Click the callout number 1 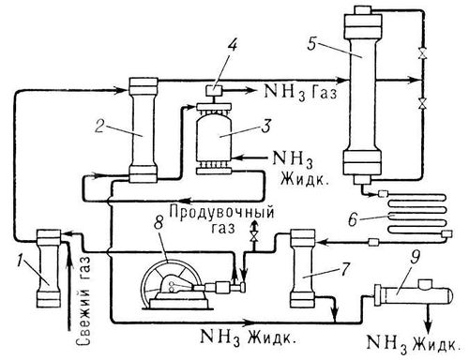click(x=21, y=261)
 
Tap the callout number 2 click(x=99, y=126)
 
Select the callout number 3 click(x=265, y=125)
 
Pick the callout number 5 click(x=312, y=44)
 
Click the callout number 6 click(x=353, y=218)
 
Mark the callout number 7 click(x=344, y=269)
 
